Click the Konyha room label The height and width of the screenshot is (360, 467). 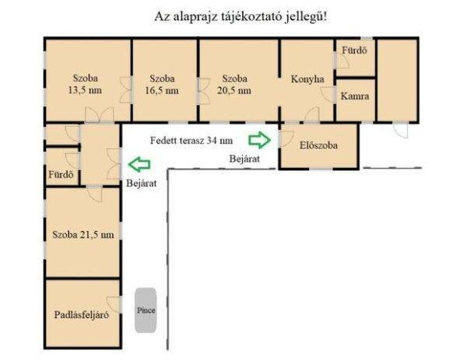click(x=307, y=79)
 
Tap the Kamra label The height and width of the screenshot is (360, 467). click(x=355, y=96)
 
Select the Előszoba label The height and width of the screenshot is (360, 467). click(x=318, y=145)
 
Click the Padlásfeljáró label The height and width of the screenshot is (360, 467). click(x=81, y=315)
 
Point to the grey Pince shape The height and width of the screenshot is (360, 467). click(x=146, y=310)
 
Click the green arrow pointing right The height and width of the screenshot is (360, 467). click(x=260, y=140)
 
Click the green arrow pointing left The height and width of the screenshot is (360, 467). click(x=139, y=164)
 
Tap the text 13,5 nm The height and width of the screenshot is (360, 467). click(x=85, y=90)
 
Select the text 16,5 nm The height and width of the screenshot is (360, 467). click(x=162, y=90)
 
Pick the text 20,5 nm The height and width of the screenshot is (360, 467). click(x=234, y=90)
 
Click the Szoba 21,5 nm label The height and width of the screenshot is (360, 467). click(x=83, y=235)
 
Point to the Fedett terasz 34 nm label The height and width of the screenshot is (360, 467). click(x=191, y=141)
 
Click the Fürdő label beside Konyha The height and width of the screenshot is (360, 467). click(x=354, y=51)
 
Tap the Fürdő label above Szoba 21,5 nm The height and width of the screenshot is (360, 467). click(x=61, y=174)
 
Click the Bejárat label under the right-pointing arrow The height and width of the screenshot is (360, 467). click(x=244, y=159)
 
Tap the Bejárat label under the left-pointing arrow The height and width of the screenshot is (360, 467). click(x=141, y=183)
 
